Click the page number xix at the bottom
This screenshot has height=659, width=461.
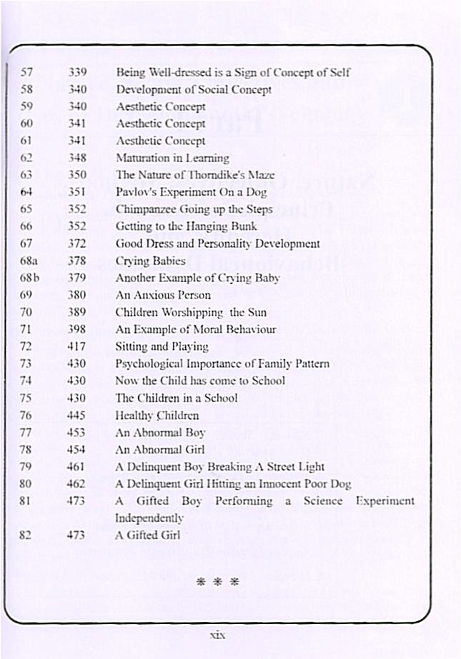tap(218, 634)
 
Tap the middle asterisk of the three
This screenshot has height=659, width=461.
tap(219, 581)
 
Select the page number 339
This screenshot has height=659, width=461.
tap(77, 73)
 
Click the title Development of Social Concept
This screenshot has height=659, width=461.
tap(194, 90)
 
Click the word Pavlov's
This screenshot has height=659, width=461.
tap(135, 192)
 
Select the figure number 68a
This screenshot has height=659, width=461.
tap(29, 261)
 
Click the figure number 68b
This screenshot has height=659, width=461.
tap(29, 278)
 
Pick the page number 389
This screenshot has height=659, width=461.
tap(77, 312)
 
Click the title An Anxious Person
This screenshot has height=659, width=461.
tap(163, 295)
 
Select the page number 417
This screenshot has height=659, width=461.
tap(77, 346)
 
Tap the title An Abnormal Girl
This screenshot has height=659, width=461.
tap(160, 449)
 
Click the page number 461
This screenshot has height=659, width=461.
tap(77, 467)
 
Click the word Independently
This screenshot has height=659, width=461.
tap(149, 518)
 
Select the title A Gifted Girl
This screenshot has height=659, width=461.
tap(148, 535)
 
